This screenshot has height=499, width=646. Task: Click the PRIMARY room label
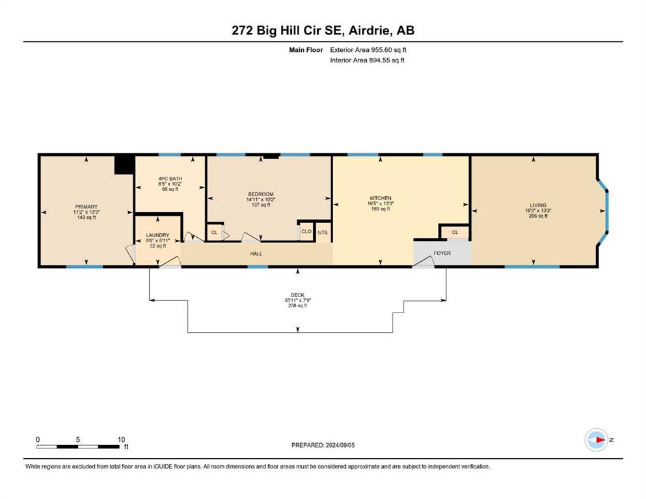(x=87, y=207)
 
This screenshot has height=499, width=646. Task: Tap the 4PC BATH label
(x=170, y=179)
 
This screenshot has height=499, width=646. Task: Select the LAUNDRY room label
(x=157, y=235)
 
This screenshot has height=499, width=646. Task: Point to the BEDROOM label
(x=261, y=194)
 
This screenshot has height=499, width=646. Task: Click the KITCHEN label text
(x=381, y=198)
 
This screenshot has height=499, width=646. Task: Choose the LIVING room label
(x=538, y=205)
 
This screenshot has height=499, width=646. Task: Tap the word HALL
(x=256, y=254)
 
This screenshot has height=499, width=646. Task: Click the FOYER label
(x=442, y=253)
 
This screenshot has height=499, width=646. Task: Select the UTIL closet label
(x=323, y=233)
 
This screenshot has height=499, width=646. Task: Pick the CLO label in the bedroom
(x=306, y=231)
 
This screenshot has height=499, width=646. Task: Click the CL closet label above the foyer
(x=455, y=233)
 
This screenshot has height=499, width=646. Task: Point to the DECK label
(x=297, y=295)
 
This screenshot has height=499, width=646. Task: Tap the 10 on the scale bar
(x=121, y=439)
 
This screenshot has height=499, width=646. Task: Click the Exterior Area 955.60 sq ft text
(x=368, y=50)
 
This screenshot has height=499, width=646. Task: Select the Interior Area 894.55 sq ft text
(x=367, y=60)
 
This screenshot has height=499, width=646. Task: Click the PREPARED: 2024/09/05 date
(x=323, y=445)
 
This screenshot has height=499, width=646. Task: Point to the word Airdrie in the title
(x=371, y=31)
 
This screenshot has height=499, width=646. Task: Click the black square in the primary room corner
(x=124, y=164)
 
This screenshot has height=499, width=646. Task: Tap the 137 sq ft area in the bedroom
(x=261, y=205)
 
